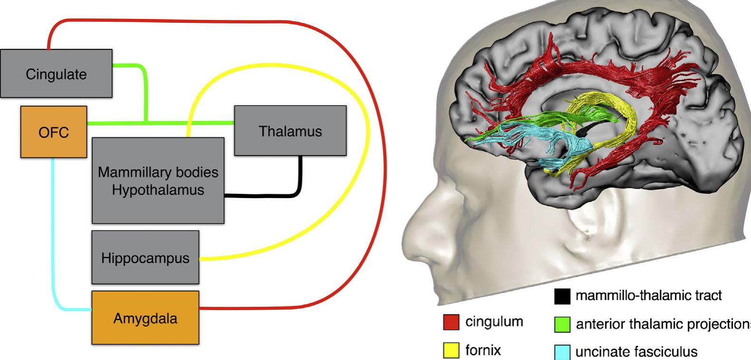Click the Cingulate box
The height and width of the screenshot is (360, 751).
click(x=56, y=74)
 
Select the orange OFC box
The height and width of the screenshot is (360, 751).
click(x=54, y=132)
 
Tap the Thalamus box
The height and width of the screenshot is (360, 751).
click(x=290, y=131)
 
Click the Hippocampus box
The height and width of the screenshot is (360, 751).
click(x=145, y=258)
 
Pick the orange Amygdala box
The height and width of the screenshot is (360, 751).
click(x=145, y=318)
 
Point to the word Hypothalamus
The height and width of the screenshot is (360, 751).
click(x=158, y=190)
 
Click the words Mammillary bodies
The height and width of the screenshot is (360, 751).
click(x=158, y=172)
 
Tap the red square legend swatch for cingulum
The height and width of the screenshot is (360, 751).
click(x=451, y=322)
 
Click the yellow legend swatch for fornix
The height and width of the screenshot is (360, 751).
click(x=451, y=351)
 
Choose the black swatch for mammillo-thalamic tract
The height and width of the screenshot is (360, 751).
click(x=562, y=296)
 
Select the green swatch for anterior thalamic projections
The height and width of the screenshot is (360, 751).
click(x=562, y=324)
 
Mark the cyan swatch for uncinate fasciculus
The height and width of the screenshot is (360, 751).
click(x=562, y=352)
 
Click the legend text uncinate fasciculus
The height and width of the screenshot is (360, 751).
click(x=637, y=352)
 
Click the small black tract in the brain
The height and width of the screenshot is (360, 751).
click(x=591, y=127)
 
